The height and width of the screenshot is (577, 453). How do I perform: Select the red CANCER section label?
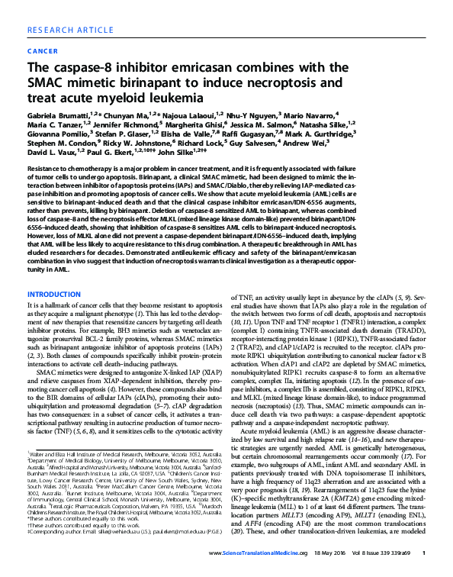[43, 52]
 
